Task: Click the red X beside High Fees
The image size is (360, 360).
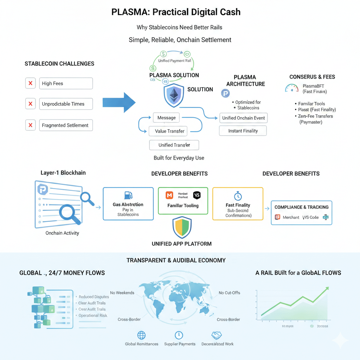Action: [x=31, y=83]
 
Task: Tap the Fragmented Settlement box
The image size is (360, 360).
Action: [x=66, y=125]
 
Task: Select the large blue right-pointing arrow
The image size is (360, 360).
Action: [x=119, y=103]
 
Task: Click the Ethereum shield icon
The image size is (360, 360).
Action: [x=174, y=95]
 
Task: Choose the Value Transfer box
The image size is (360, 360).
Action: [x=170, y=131]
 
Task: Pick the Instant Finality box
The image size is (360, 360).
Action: [x=243, y=131]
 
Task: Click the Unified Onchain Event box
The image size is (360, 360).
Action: [x=243, y=118]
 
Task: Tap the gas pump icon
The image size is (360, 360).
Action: [x=128, y=195]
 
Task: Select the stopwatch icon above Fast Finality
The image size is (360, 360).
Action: [x=238, y=196]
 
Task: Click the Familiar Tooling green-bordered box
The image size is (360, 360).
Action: [x=183, y=200]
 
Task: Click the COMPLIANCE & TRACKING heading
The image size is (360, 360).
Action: [x=302, y=207]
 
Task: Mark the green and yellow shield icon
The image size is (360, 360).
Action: [x=182, y=227]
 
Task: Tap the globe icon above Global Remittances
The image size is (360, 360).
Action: [x=141, y=335]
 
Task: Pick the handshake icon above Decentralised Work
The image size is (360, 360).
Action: [x=217, y=335]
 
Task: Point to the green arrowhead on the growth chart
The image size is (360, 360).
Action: [x=327, y=289]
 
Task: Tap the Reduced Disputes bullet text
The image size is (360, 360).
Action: [x=94, y=297]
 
